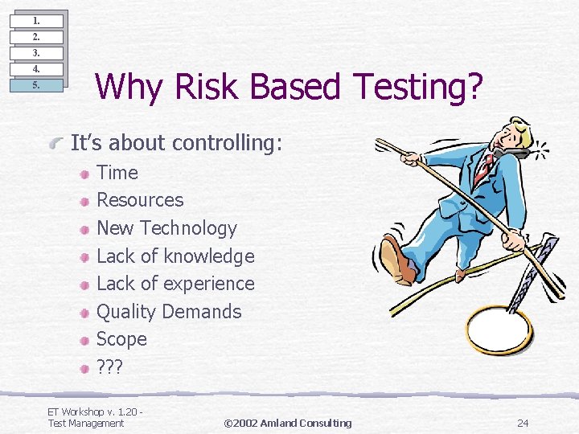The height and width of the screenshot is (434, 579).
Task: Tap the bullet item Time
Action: click(117, 173)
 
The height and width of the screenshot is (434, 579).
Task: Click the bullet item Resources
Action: click(140, 200)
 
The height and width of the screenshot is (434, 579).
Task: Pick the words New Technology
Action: click(166, 228)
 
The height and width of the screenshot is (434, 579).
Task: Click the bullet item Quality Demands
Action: click(169, 312)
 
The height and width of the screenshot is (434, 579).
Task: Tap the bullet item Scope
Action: click(121, 339)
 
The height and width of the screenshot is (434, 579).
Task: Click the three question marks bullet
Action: click(109, 367)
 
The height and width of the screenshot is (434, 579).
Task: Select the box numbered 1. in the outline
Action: click(36, 21)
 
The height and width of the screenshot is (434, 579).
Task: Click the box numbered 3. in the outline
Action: click(36, 53)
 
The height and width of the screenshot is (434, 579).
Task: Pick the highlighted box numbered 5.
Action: click(36, 85)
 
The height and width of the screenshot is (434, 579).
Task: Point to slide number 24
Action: click(523, 423)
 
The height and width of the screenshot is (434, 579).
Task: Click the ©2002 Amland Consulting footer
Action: click(287, 423)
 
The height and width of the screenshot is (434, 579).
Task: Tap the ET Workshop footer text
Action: click(95, 418)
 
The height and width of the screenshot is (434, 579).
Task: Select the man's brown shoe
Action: click(399, 261)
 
